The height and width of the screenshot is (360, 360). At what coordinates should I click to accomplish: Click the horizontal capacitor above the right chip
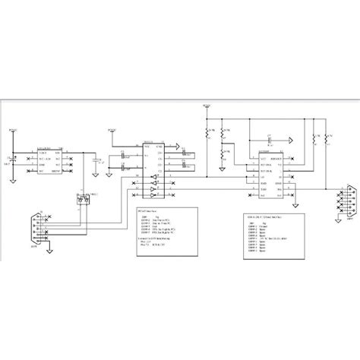270,142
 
